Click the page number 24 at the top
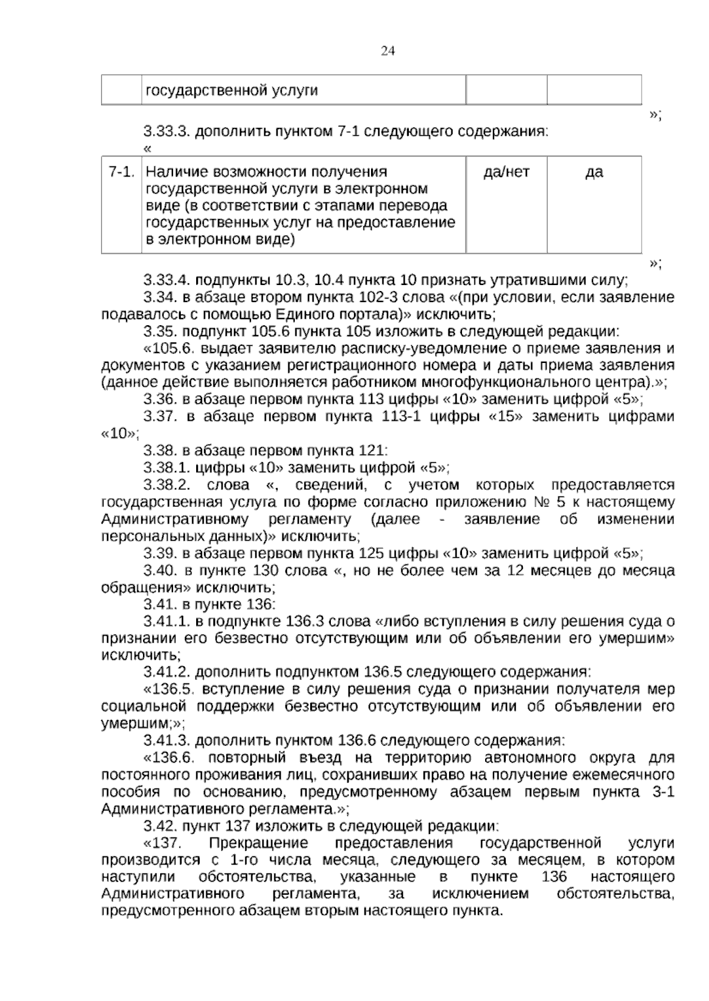click(388, 51)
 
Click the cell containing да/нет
click(506, 172)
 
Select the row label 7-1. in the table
click(122, 172)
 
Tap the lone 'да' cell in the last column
click(594, 172)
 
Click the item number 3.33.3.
click(167, 131)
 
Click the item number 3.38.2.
click(166, 485)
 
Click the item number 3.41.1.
click(166, 621)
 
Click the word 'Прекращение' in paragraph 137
click(259, 843)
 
